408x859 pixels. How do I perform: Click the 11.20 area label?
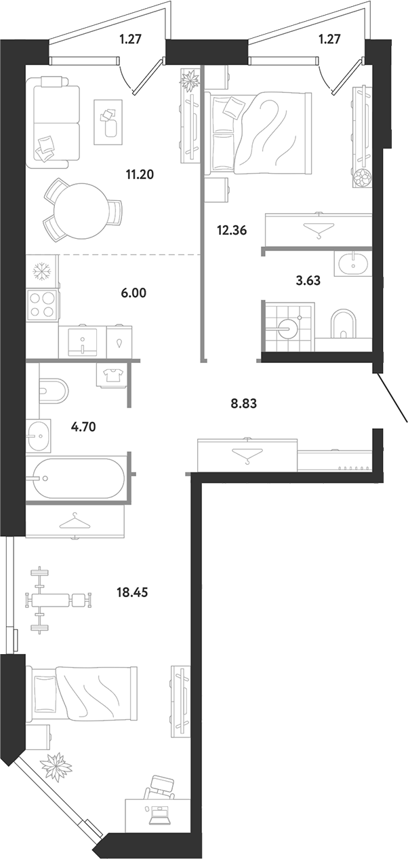(140, 175)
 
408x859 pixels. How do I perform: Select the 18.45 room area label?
(132, 592)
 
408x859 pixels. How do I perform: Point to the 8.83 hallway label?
(243, 404)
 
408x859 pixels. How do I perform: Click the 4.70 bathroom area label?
(83, 426)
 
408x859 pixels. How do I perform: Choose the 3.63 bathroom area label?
(308, 281)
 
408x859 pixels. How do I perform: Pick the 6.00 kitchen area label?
(134, 293)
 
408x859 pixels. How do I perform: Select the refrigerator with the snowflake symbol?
(42, 271)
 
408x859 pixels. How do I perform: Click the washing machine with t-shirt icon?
(113, 375)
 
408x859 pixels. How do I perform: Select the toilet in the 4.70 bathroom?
(54, 390)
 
